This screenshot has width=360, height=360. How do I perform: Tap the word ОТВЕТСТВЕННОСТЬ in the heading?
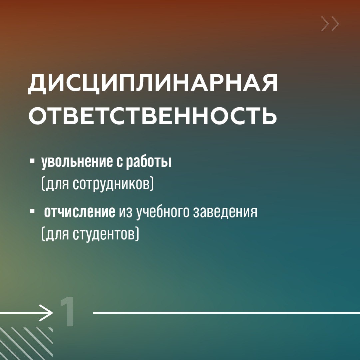tap(153, 115)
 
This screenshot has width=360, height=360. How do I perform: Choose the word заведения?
tap(226, 212)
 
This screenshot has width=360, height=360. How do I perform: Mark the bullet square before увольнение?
tap(32, 161)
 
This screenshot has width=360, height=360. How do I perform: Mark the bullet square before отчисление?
tap(32, 211)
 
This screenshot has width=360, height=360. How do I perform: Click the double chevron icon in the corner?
tap(330, 24)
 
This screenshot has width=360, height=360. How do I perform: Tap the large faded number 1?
tap(68, 312)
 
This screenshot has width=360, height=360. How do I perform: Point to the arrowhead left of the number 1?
tap(47, 313)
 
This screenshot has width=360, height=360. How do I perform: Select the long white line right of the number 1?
tap(226, 313)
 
